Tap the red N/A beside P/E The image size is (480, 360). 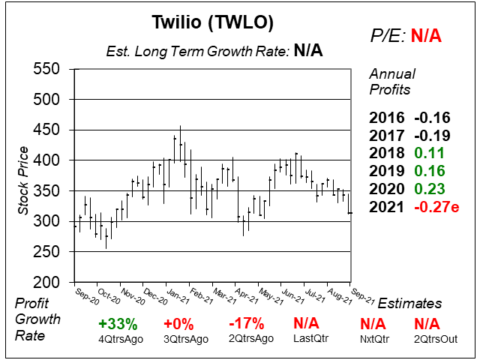point(427,35)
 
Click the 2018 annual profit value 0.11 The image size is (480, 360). point(429,152)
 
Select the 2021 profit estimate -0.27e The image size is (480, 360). point(435,204)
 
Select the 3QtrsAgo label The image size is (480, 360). point(179,339)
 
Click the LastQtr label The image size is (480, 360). point(307,339)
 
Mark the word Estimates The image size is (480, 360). point(409,304)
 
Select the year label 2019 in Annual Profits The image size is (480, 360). point(385,169)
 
